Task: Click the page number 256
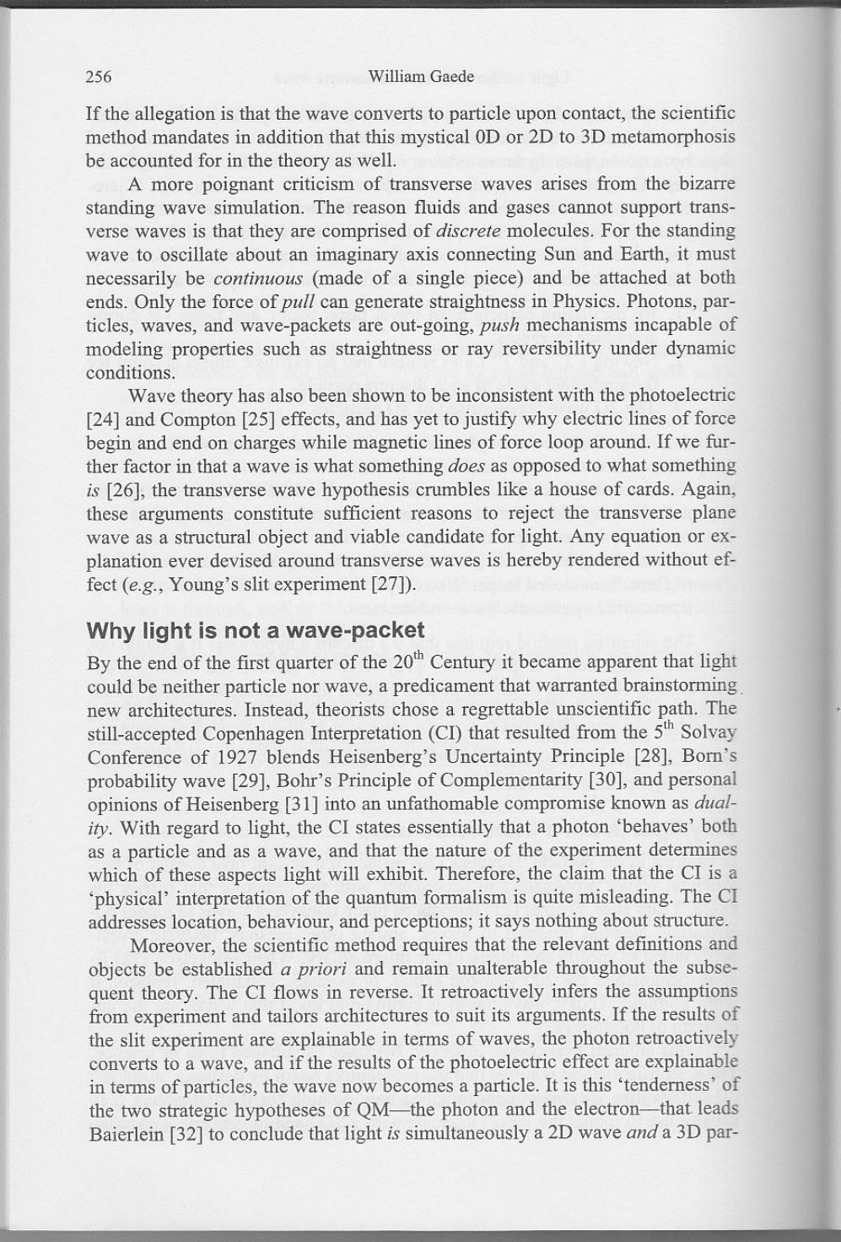click(x=99, y=78)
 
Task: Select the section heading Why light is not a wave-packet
click(x=256, y=631)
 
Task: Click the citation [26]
click(x=122, y=489)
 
